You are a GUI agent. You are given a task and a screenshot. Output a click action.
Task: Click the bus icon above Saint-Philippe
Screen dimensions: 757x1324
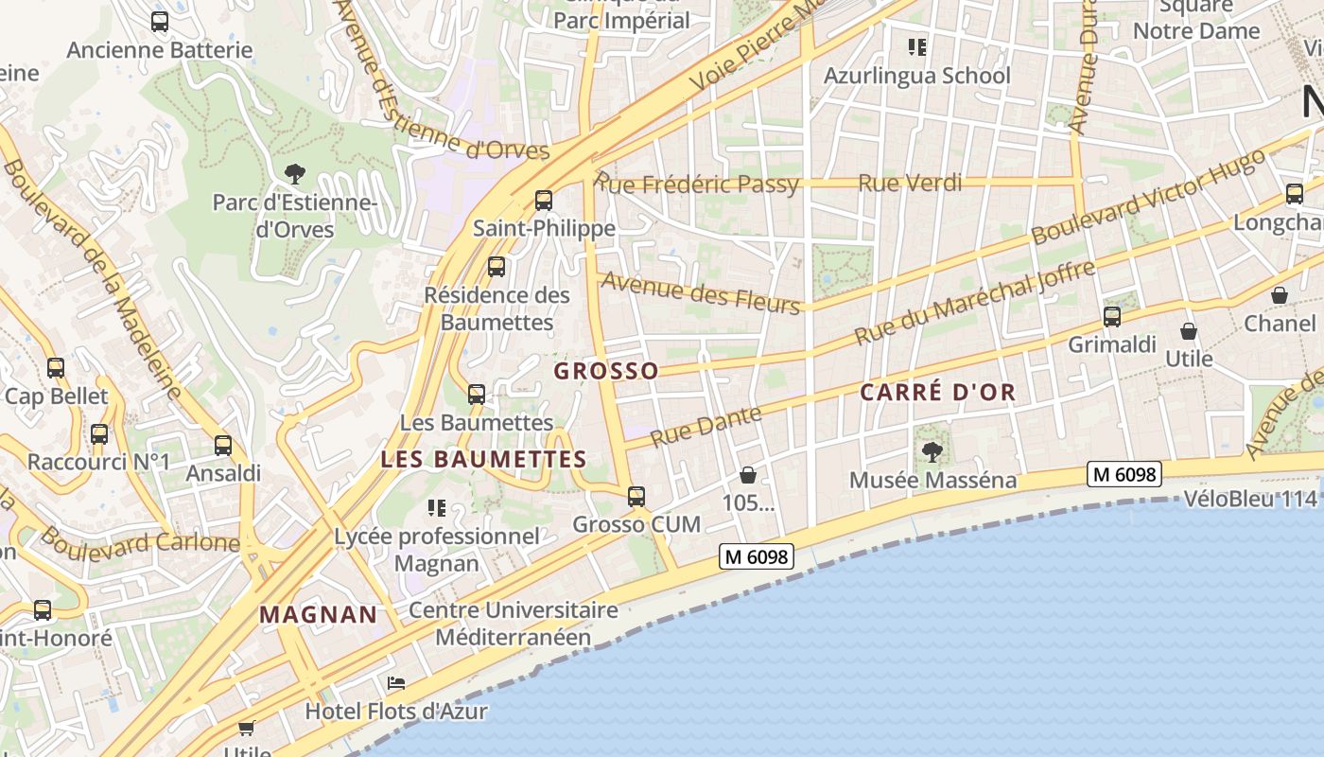(x=543, y=201)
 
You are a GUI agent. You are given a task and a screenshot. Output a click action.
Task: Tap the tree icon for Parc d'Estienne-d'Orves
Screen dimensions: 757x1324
(x=295, y=173)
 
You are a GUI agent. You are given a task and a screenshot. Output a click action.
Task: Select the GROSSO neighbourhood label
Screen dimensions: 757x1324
(x=606, y=371)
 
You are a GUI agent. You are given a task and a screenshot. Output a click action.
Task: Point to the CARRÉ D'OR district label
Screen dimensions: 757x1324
(x=937, y=392)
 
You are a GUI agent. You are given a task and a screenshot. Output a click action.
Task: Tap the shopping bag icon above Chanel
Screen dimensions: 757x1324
(x=1279, y=295)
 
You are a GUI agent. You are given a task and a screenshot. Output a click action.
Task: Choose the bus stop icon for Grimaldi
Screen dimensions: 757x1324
(x=1112, y=317)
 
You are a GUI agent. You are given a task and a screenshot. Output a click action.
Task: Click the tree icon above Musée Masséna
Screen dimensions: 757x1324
(x=932, y=451)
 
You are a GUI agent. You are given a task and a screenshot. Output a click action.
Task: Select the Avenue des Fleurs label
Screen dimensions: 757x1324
(x=701, y=291)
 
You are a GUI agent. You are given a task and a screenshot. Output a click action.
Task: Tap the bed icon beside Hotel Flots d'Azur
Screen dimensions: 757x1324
(x=396, y=683)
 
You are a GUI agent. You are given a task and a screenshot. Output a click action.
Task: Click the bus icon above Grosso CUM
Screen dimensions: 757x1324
(x=636, y=496)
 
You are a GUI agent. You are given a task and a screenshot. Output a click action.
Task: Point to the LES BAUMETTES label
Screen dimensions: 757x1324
(x=483, y=460)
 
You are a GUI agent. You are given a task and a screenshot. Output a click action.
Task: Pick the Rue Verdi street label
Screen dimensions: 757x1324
(x=910, y=183)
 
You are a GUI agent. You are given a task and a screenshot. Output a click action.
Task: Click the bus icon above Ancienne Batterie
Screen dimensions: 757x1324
(x=160, y=21)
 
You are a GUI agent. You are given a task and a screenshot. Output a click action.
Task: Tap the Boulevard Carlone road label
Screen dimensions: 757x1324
(x=140, y=541)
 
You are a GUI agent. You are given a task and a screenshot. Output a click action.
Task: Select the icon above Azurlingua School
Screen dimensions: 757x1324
(x=916, y=46)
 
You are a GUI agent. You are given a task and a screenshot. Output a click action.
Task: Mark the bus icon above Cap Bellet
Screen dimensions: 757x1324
(x=56, y=368)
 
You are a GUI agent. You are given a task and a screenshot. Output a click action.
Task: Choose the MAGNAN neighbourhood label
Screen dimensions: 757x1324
(x=319, y=614)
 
